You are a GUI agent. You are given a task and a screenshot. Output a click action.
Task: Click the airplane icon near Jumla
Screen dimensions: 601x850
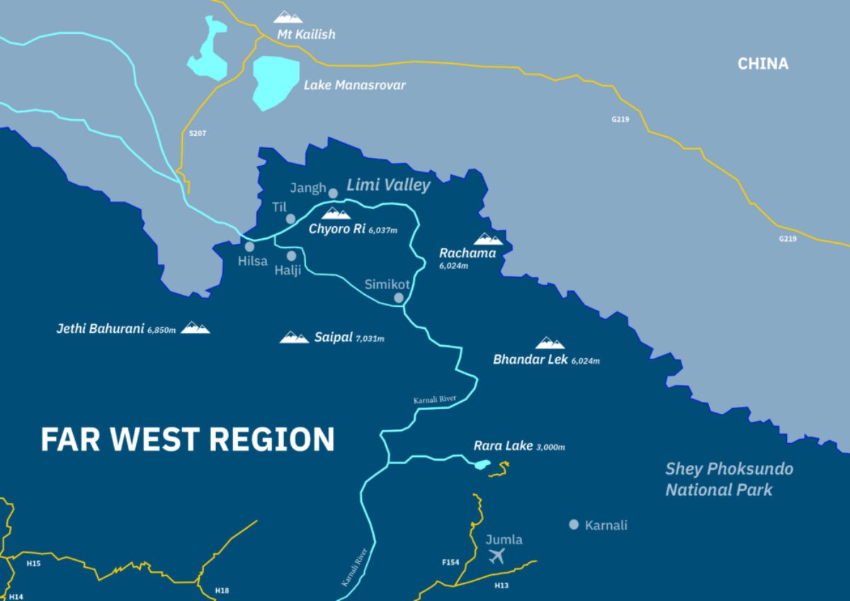497,556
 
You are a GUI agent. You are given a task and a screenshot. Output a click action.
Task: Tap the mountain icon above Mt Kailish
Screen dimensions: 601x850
288,17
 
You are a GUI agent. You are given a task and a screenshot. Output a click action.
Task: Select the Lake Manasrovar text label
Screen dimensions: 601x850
354,85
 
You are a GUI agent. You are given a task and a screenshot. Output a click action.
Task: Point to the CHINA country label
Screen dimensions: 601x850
763,64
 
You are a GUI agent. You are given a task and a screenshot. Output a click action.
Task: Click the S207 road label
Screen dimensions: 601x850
198,133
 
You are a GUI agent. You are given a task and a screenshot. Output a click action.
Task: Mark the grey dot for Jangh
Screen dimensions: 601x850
333,193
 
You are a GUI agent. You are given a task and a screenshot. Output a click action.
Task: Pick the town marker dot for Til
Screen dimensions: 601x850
290,219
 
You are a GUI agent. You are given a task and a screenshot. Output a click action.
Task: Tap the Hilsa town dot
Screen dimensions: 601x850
249,247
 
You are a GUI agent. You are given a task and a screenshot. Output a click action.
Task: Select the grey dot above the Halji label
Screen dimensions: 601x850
291,255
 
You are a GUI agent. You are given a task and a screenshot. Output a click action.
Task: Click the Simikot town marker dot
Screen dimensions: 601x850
399,298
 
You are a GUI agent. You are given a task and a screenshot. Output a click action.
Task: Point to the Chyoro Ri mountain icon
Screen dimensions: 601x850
336,213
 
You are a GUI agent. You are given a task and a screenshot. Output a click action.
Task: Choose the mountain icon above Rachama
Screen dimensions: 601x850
488,239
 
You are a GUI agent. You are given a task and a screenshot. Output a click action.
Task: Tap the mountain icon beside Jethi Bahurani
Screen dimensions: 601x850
195,327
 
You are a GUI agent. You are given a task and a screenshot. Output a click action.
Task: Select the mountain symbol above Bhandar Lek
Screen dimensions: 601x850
550,343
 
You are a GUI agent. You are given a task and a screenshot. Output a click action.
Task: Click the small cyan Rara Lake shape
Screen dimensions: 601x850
482,465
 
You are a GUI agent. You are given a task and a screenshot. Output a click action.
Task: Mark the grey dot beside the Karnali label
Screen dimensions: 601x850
574,524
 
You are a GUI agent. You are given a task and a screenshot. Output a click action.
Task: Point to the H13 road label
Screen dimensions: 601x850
501,585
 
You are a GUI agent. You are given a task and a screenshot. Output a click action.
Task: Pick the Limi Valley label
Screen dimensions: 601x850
388,186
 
